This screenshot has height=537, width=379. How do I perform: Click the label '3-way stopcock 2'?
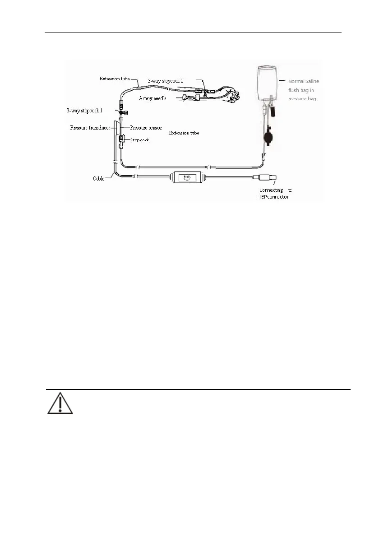coord(166,80)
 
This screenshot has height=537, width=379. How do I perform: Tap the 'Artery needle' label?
coord(153,98)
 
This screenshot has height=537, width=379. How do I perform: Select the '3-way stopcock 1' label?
coord(84,110)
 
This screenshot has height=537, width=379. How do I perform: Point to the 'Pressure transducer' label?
coord(90,128)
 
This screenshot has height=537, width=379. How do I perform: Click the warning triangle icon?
coord(60,403)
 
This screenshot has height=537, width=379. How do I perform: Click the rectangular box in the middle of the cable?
coord(187,178)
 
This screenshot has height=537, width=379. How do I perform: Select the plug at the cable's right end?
coord(267,178)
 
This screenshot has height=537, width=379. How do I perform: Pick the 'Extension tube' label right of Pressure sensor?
coord(184,133)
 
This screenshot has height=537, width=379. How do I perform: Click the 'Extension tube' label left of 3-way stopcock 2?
coord(115,79)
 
